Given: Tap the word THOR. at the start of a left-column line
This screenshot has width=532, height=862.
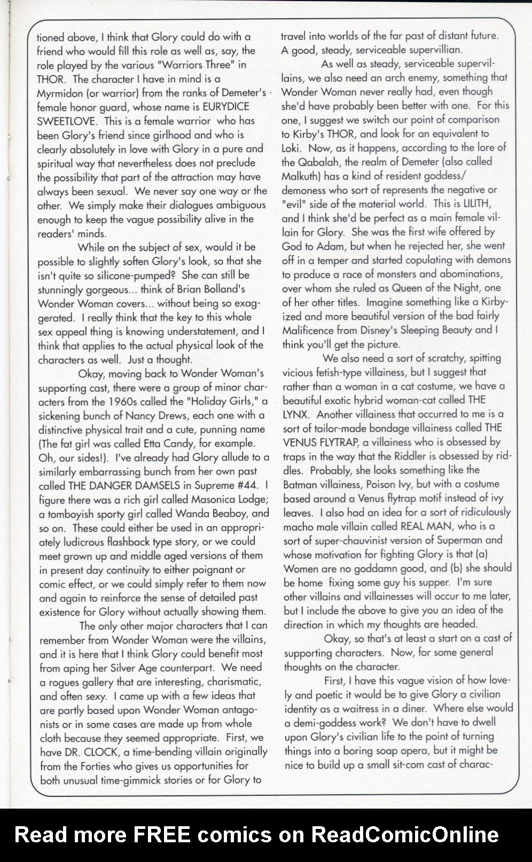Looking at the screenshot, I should coord(52,79).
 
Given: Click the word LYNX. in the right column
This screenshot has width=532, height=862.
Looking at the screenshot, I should coord(297,414).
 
